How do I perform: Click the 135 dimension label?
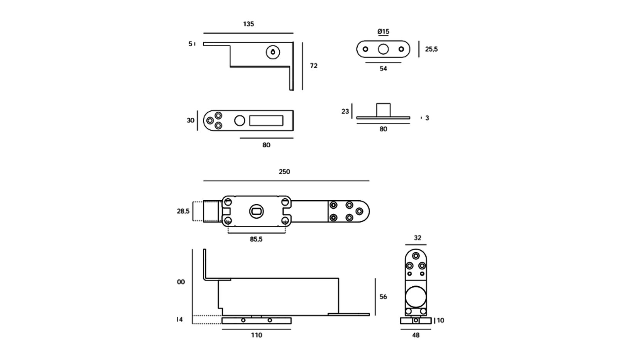click(x=248, y=24)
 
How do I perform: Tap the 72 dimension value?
click(x=314, y=66)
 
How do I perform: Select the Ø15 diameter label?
click(x=383, y=32)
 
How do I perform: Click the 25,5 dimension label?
click(x=431, y=49)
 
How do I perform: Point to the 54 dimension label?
click(x=383, y=69)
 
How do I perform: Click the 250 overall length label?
click(x=284, y=172)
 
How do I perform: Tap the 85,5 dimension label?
click(x=256, y=239)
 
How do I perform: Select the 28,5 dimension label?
click(x=183, y=211)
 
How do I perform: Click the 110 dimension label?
click(x=257, y=335)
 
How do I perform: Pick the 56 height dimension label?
click(x=383, y=297)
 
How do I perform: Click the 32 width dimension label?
click(x=418, y=238)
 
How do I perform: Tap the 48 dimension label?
click(x=416, y=335)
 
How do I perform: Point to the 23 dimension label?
click(x=345, y=112)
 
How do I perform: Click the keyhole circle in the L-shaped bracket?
click(x=273, y=52)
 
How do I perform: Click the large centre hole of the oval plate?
click(x=383, y=49)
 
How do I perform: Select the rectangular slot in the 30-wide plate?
click(x=266, y=121)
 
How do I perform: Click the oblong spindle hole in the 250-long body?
click(x=256, y=211)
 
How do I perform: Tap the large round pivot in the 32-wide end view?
click(x=416, y=296)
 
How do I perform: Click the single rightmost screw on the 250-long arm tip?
click(x=359, y=211)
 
